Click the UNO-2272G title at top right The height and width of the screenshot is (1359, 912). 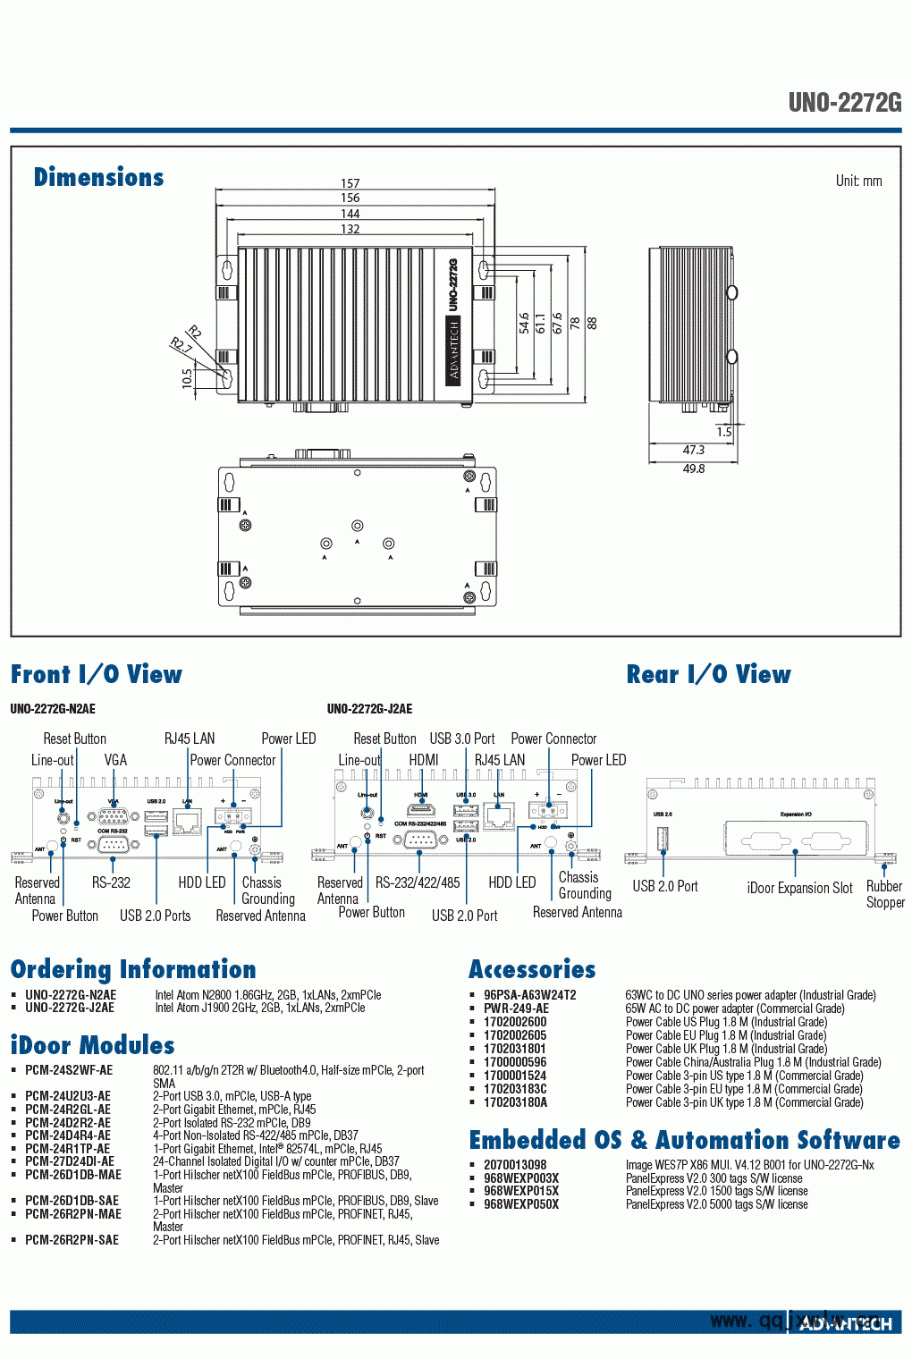[844, 103]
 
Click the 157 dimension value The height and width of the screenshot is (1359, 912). [350, 183]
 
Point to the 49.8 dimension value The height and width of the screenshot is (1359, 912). [694, 468]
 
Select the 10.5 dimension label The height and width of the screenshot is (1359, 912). [187, 378]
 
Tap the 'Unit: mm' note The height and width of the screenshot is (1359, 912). [858, 181]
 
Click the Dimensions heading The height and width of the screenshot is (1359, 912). [98, 177]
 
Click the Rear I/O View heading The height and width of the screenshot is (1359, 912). [708, 674]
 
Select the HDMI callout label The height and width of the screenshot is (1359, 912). [423, 760]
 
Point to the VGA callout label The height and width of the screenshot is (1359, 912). [115, 760]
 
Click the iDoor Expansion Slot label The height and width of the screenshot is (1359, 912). [799, 888]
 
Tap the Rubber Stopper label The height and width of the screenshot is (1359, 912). [884, 894]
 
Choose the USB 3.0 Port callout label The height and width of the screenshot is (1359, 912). [461, 739]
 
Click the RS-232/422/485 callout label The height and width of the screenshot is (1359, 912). [418, 882]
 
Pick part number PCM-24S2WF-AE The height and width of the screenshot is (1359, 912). [69, 1070]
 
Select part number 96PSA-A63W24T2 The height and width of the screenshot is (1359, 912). [529, 995]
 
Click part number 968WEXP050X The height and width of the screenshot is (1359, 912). [520, 1204]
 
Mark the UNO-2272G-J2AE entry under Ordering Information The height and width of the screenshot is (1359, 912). [70, 1008]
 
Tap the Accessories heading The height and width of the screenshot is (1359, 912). [532, 969]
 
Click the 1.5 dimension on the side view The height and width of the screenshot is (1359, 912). [723, 432]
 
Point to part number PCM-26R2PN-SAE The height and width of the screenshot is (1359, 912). [72, 1240]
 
